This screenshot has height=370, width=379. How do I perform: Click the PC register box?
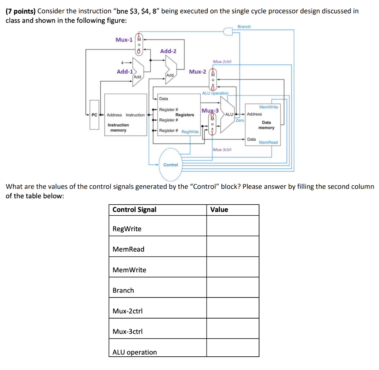click(94, 115)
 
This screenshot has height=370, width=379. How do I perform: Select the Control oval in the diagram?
click(171, 165)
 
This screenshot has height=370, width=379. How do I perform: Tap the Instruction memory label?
click(118, 128)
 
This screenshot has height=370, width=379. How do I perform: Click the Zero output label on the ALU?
click(240, 121)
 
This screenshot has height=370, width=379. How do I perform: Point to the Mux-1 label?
click(124, 40)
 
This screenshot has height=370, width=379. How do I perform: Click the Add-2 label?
click(168, 51)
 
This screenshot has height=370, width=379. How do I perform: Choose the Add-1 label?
click(125, 72)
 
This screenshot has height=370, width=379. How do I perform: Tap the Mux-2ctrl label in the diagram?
click(222, 62)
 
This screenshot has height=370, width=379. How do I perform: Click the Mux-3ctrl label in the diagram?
click(222, 149)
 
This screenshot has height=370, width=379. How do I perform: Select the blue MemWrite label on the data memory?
click(269, 107)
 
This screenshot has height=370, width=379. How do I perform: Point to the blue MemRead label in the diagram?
click(268, 142)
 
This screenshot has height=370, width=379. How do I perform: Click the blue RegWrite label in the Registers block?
click(190, 132)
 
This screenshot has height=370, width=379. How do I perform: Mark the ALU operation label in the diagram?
click(215, 93)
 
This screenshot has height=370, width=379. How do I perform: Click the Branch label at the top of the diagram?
click(244, 27)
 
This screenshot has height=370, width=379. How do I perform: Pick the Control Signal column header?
click(134, 210)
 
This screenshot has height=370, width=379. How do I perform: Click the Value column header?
click(219, 210)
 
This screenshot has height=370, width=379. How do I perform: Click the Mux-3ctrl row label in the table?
click(127, 332)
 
